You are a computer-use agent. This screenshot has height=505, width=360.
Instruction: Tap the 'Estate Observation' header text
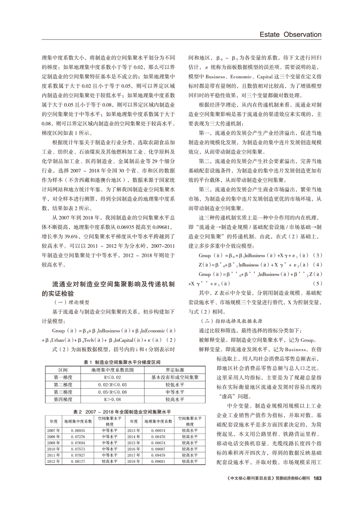(291, 34)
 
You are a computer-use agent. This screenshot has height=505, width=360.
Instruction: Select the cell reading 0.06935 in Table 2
(78, 430)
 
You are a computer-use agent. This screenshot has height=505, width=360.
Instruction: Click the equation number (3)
(317, 255)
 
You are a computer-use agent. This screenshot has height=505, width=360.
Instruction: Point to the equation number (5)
(317, 283)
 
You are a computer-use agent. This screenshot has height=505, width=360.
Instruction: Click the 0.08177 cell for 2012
(78, 461)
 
